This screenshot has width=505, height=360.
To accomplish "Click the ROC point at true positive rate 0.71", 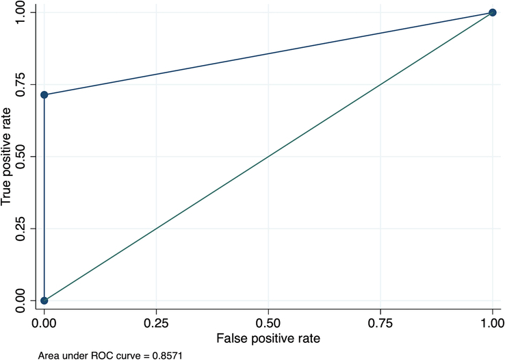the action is [44, 94].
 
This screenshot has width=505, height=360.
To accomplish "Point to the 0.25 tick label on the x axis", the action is [156, 324].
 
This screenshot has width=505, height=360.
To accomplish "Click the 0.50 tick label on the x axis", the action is [268, 324].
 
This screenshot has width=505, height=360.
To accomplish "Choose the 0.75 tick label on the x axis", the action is [380, 324].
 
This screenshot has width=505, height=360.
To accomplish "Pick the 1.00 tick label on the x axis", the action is [492, 324].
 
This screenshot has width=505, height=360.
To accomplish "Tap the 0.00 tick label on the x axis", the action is [44, 324].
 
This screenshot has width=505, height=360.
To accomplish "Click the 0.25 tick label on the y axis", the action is [21, 229].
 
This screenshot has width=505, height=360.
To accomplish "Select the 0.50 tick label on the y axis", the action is [21, 157].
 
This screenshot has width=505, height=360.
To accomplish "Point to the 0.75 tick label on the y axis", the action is [21, 84].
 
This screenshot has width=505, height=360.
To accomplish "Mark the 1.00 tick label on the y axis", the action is [21, 12].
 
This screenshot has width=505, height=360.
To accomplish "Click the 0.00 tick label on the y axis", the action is [21, 300].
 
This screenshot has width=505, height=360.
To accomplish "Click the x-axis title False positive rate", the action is [268, 339].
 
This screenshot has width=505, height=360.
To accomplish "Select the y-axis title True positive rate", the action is [5, 157].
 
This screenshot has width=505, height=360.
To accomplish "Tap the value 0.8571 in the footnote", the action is [168, 356].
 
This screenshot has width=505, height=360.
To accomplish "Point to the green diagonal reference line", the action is [268, 157].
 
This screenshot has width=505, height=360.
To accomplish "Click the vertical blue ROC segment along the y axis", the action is [44, 197].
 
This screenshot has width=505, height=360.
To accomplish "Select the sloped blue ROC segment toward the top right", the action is [268, 53].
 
